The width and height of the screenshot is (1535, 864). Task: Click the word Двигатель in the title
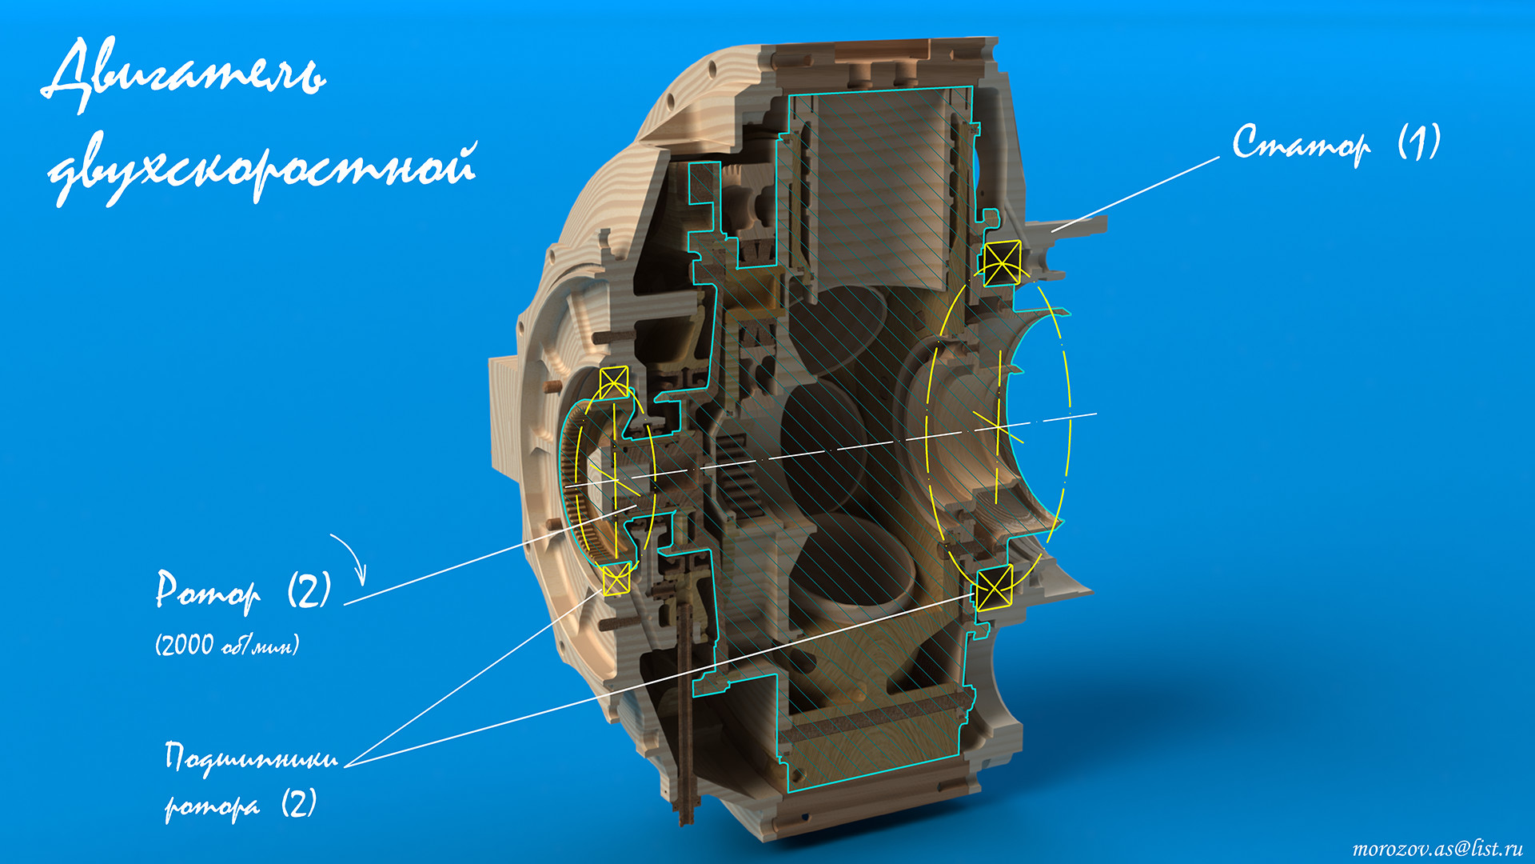click(184, 74)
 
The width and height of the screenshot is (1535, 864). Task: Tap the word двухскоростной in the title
click(262, 168)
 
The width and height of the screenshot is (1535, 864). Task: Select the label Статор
click(1301, 144)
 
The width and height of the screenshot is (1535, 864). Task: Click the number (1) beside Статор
click(1420, 142)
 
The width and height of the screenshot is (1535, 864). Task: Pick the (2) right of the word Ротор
click(309, 590)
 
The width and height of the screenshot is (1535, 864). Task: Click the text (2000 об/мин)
click(227, 645)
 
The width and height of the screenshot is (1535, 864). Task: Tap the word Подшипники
click(251, 757)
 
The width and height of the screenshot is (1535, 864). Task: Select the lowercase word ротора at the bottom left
click(213, 806)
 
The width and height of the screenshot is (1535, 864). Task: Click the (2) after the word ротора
click(299, 802)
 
